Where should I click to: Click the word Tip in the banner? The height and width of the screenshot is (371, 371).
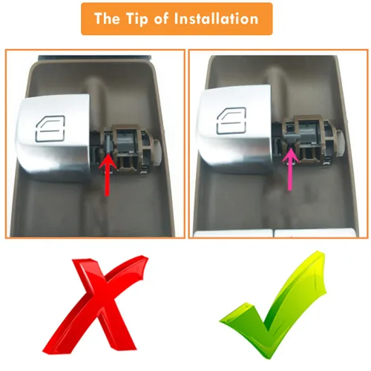(137, 19)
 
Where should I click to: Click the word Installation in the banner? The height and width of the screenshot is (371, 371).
(216, 19)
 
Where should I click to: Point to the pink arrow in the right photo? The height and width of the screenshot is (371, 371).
(290, 169)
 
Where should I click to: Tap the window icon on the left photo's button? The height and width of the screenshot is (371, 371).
(50, 128)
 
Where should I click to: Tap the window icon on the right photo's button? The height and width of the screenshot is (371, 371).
(232, 121)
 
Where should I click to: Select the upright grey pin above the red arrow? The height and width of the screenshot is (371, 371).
(109, 142)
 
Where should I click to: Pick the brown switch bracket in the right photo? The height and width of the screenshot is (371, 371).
(310, 139)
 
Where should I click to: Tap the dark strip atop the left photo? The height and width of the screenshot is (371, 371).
(95, 58)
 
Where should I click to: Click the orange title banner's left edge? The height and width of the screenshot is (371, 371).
(82, 19)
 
